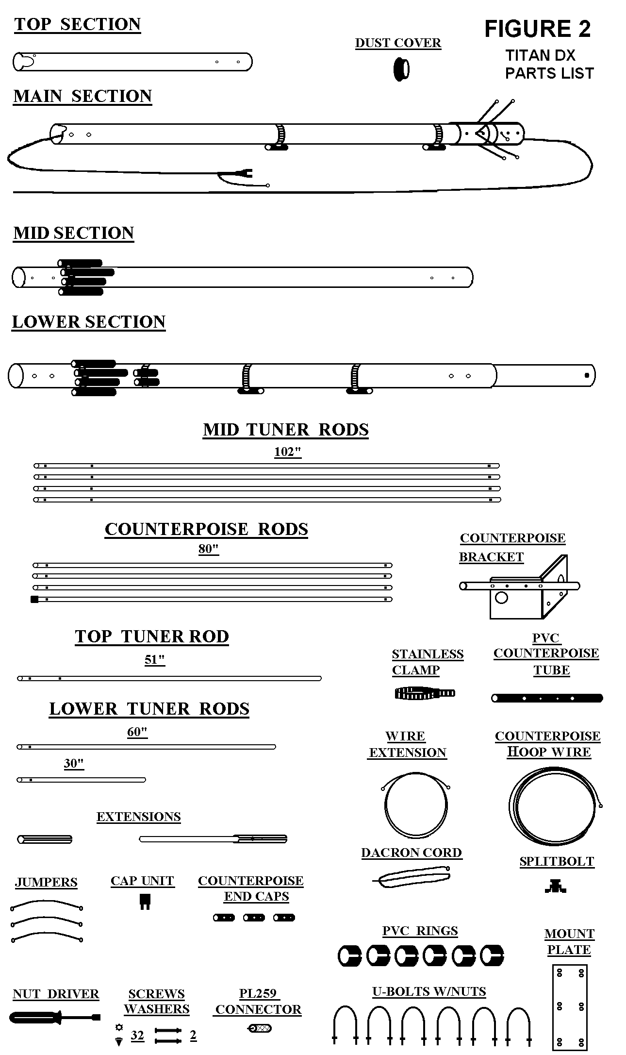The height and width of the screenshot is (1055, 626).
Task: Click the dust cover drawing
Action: [x=401, y=69]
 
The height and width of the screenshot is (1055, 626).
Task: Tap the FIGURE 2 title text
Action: [x=538, y=29]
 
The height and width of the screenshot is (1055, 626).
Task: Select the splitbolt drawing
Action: [x=556, y=887]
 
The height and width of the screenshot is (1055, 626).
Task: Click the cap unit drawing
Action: [x=145, y=901]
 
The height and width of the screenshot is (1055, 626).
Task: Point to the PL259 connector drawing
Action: [x=260, y=1028]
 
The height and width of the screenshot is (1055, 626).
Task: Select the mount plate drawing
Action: [x=570, y=1006]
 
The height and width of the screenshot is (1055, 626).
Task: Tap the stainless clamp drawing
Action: [x=425, y=693]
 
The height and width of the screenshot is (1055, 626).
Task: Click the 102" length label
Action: [x=288, y=452]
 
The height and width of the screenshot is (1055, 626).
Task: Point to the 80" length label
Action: [x=209, y=549]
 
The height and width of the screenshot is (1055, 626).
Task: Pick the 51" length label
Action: [x=155, y=660]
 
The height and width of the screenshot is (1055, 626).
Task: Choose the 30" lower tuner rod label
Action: [x=74, y=764]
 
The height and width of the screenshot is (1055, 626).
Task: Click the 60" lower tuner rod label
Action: [x=137, y=732]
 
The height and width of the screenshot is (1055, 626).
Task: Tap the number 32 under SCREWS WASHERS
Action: [x=137, y=1036]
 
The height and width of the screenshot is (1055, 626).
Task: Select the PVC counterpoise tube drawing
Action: [x=547, y=698]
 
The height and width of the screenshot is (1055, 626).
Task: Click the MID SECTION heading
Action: [x=74, y=233]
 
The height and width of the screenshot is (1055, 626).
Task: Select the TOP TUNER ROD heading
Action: [x=152, y=636]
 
